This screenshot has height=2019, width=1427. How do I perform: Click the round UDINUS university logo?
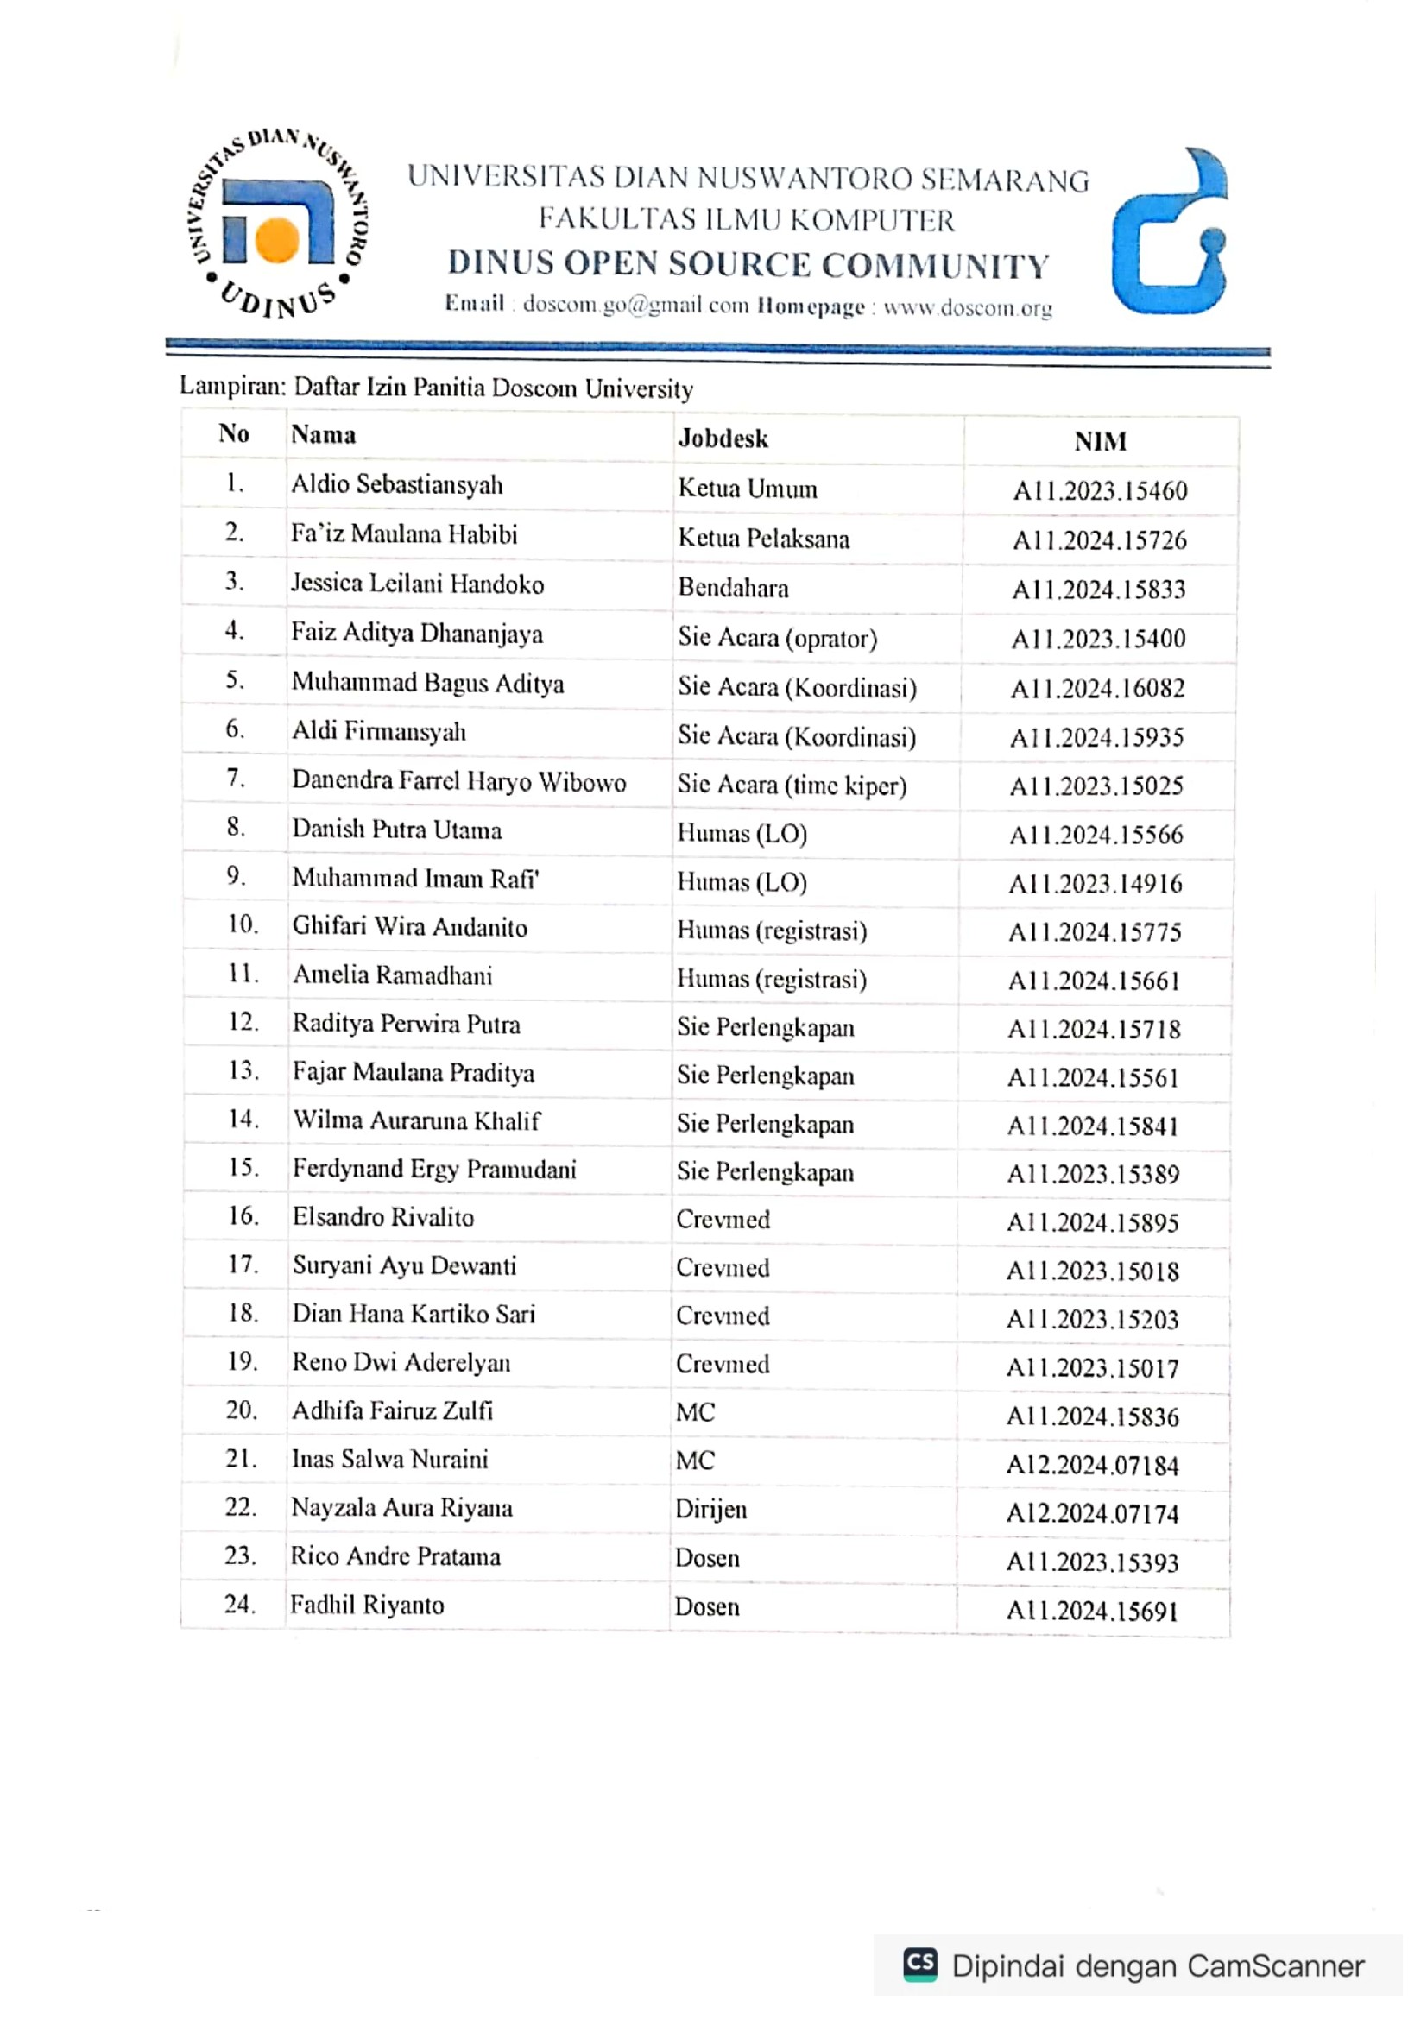click(278, 224)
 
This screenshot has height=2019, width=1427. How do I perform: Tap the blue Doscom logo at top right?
click(1170, 233)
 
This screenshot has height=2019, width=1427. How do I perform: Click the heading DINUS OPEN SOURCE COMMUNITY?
click(748, 265)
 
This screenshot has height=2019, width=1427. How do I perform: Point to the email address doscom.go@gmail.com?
click(635, 305)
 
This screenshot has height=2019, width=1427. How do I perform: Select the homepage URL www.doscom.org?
click(967, 308)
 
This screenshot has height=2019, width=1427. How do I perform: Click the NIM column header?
click(1100, 441)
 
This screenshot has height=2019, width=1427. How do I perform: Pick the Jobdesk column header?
click(723, 438)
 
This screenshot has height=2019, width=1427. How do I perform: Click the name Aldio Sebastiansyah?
click(397, 484)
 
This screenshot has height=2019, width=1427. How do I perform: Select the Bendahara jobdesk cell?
click(733, 588)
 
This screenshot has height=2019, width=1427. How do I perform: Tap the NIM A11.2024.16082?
click(1098, 688)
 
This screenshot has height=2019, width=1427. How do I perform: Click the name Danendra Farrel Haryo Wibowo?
click(459, 781)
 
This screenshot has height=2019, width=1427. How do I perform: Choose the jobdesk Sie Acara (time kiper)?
click(792, 785)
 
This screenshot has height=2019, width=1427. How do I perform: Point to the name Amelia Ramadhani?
click(392, 975)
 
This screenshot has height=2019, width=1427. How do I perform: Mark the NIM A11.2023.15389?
click(1093, 1174)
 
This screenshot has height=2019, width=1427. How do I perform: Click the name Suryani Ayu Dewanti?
click(405, 1265)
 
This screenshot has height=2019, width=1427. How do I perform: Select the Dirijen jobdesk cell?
click(711, 1510)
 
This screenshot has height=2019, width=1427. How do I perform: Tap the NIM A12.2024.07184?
click(1092, 1465)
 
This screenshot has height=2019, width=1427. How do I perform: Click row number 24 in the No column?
click(240, 1604)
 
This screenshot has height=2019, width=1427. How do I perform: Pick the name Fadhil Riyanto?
click(368, 1606)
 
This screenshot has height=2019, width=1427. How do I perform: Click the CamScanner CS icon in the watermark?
click(920, 1965)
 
